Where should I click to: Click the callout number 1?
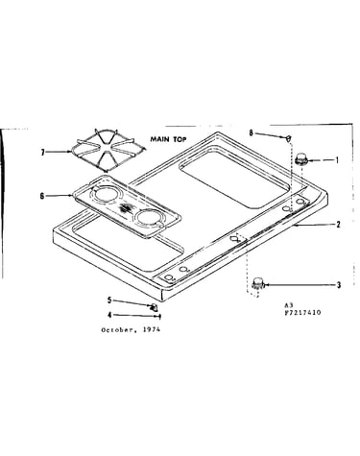[x=337, y=159]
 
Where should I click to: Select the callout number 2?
[x=338, y=225]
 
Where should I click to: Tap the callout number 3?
[x=339, y=285]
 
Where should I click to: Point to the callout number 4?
[x=109, y=315]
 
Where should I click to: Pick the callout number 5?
[x=109, y=300]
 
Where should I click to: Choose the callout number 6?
[x=42, y=196]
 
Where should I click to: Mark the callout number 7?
[x=42, y=153]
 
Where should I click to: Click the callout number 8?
[x=252, y=132]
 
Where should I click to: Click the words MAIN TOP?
[x=168, y=139]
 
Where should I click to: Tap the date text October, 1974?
[x=131, y=329]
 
